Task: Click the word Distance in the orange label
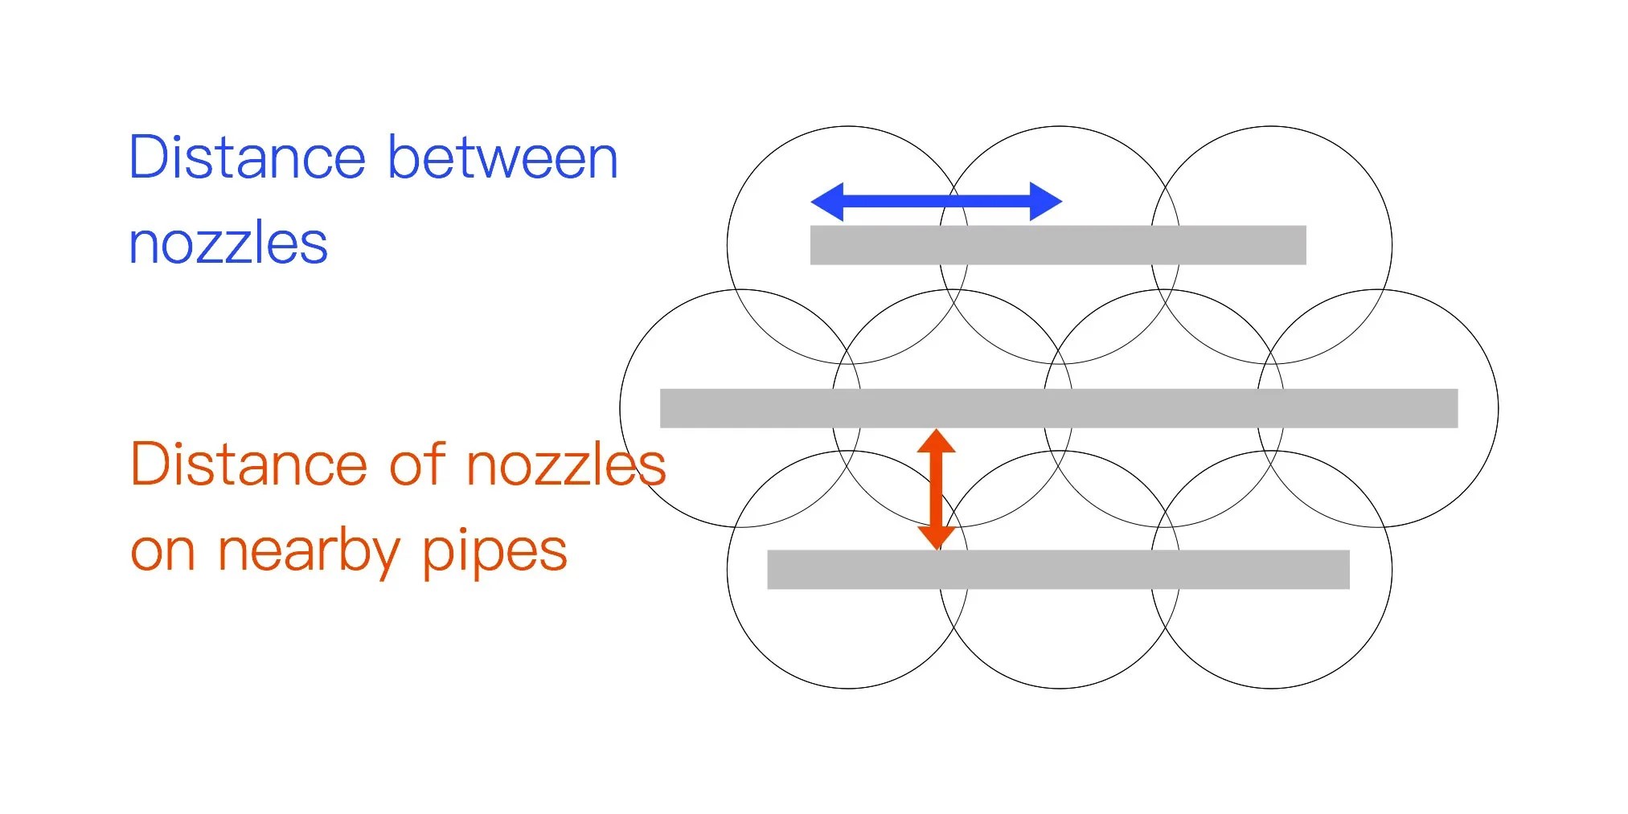click(x=248, y=464)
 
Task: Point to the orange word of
click(x=417, y=464)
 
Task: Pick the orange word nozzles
click(x=566, y=464)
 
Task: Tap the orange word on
click(x=163, y=551)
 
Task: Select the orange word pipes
click(x=494, y=551)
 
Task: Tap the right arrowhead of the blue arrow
click(x=1045, y=201)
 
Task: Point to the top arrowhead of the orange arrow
click(x=937, y=441)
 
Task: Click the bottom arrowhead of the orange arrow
click(x=937, y=537)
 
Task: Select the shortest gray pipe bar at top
click(x=1058, y=245)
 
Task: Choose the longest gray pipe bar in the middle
click(x=1058, y=408)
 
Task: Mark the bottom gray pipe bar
click(x=1058, y=570)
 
